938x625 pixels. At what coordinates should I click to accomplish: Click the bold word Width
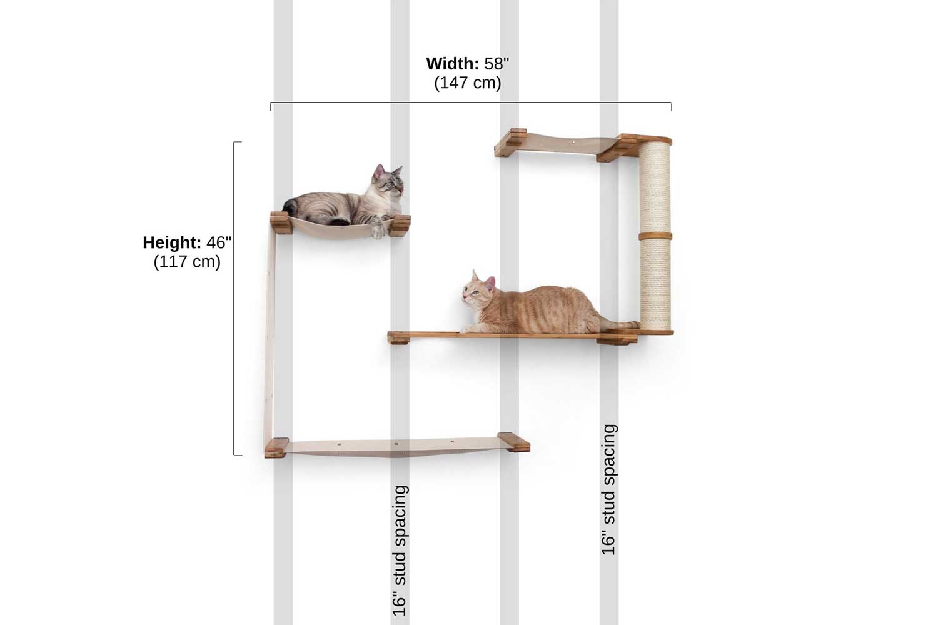tap(452, 64)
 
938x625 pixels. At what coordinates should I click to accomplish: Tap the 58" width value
tap(497, 64)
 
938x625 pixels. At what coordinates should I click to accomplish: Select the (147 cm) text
tap(467, 83)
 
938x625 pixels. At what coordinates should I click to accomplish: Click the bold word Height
tap(172, 242)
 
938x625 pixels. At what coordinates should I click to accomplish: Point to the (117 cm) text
tap(187, 262)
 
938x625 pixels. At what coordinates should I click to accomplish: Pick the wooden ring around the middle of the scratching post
tap(655, 236)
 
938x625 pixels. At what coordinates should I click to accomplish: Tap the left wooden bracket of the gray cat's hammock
tap(280, 224)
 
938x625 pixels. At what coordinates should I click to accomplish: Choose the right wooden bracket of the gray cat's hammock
tap(401, 226)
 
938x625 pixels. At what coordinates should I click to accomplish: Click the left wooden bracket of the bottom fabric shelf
tap(276, 447)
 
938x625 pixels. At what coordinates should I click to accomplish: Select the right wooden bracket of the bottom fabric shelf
tap(514, 442)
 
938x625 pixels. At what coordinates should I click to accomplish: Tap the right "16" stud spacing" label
tap(609, 490)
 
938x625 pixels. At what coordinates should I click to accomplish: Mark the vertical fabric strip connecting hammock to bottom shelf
tap(271, 335)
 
